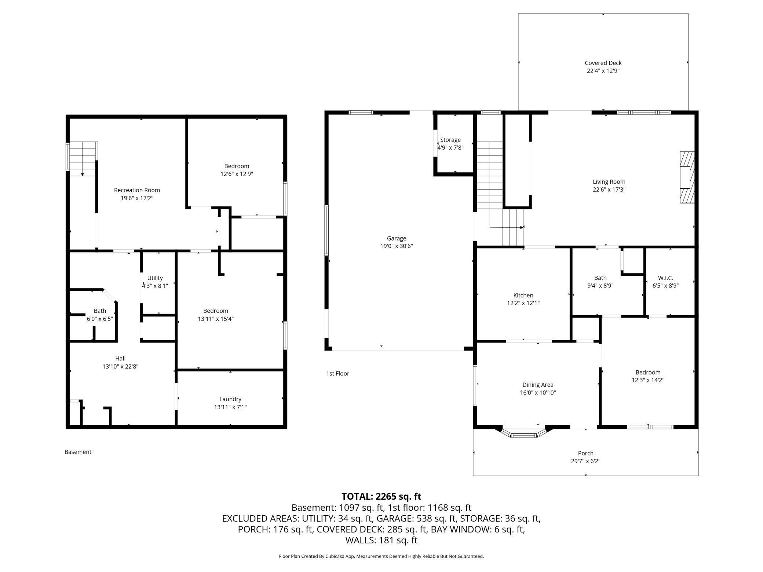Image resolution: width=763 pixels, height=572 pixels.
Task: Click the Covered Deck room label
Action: [603, 63]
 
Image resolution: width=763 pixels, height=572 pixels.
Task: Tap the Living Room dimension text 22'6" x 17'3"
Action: [609, 190]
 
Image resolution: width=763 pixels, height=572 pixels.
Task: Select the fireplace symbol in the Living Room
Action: [687, 177]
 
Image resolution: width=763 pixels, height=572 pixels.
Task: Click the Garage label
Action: [397, 238]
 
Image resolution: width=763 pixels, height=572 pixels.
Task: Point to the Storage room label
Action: [450, 140]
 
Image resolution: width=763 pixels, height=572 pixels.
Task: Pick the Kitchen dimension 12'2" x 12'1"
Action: [523, 303]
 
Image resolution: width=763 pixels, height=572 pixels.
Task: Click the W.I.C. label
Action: [665, 278]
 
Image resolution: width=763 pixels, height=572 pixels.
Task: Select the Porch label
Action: [585, 453]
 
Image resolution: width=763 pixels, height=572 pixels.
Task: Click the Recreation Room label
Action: [137, 190]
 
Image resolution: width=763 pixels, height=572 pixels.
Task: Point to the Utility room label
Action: [155, 278]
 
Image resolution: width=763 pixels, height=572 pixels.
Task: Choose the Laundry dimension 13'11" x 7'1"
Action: [230, 407]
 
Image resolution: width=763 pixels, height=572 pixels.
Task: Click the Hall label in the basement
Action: [120, 359]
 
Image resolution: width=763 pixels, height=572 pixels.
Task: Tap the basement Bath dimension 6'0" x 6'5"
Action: [100, 319]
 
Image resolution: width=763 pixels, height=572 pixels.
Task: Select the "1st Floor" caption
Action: [337, 374]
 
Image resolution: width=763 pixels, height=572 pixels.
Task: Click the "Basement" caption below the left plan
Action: [78, 452]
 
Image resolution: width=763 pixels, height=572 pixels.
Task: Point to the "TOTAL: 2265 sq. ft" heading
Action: [381, 496]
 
